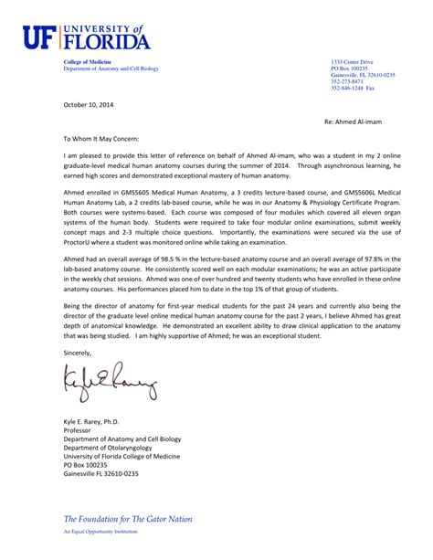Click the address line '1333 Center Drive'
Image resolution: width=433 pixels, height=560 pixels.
pos(352,61)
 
